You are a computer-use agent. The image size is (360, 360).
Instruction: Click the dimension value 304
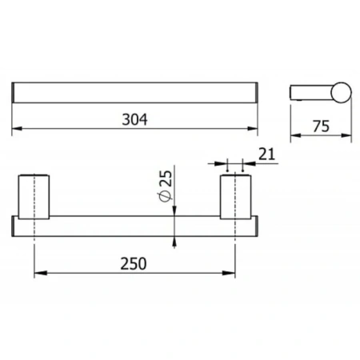coord(134,120)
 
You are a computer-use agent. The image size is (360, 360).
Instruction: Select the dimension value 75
coord(321,126)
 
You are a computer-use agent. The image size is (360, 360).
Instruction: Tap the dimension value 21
coord(266,154)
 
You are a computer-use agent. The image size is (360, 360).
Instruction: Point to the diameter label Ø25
coord(166,186)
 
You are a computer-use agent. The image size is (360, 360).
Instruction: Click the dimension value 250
coord(134,264)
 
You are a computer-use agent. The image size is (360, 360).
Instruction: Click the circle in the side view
coord(341,92)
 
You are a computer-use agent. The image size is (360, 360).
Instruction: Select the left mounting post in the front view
coord(34,197)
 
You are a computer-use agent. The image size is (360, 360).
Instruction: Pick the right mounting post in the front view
coord(235,197)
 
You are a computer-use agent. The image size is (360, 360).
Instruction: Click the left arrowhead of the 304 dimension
coord(17,129)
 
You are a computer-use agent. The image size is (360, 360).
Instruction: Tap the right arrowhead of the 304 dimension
coord(253,129)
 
